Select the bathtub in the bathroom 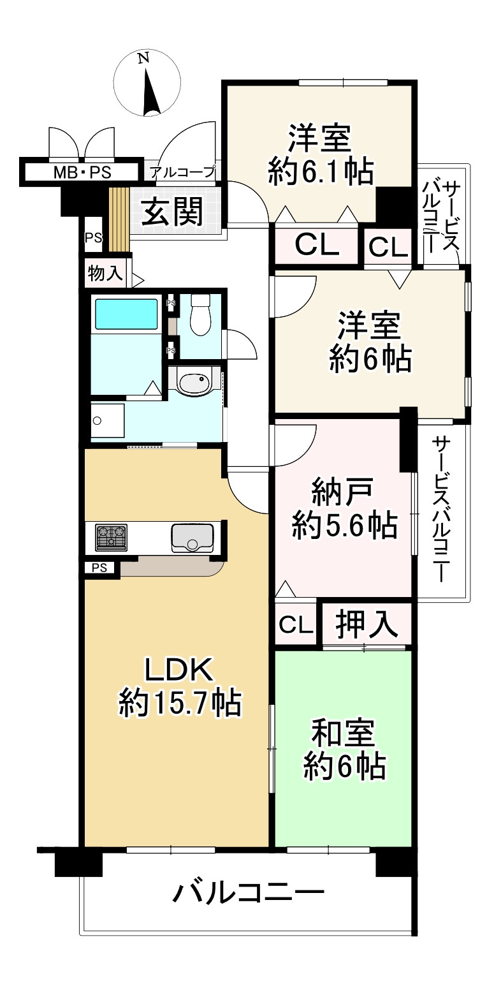[126, 314]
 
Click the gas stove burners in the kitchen [111, 537]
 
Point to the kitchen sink [191, 537]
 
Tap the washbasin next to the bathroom [194, 383]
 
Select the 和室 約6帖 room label [343, 749]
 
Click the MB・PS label [81, 172]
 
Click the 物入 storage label [105, 274]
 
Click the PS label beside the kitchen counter [99, 568]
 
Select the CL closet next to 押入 [296, 624]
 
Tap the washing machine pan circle [97, 421]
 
